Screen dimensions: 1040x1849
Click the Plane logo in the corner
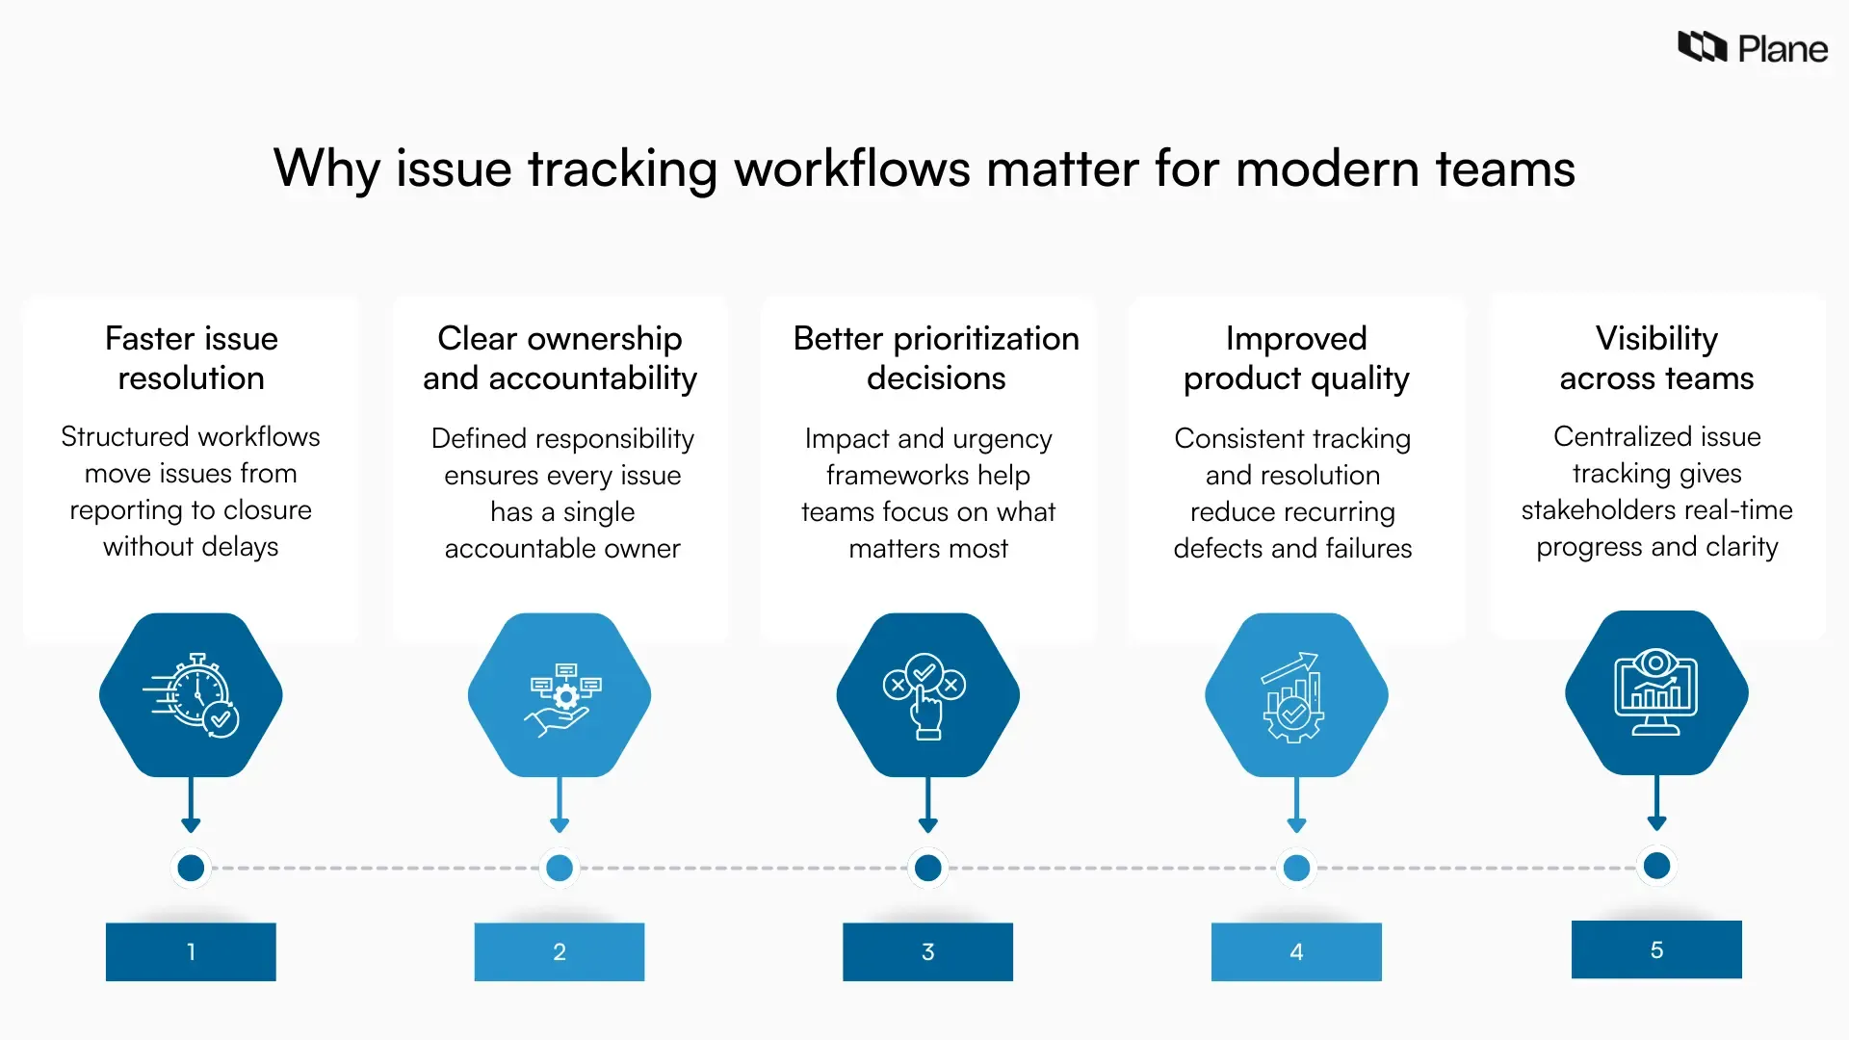point(1752,47)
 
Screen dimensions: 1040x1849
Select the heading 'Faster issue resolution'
point(191,358)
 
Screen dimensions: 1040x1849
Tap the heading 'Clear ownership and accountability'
point(560,358)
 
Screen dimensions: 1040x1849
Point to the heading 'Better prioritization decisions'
point(936,358)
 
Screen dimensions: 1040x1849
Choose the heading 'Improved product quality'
point(1296,358)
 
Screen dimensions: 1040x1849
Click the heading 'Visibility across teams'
point(1656,358)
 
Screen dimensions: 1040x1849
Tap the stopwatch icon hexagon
point(191,694)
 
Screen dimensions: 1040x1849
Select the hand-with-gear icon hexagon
point(560,694)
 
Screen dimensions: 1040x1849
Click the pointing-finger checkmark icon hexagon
point(927,694)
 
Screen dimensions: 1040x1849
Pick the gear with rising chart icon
point(1296,694)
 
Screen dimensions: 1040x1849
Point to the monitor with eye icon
point(1656,692)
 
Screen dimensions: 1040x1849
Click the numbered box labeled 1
point(191,951)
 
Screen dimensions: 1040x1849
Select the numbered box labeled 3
point(927,951)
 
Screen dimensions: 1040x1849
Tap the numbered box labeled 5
point(1656,949)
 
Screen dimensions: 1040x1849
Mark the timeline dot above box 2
point(560,868)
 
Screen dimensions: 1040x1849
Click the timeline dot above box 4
point(1296,868)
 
